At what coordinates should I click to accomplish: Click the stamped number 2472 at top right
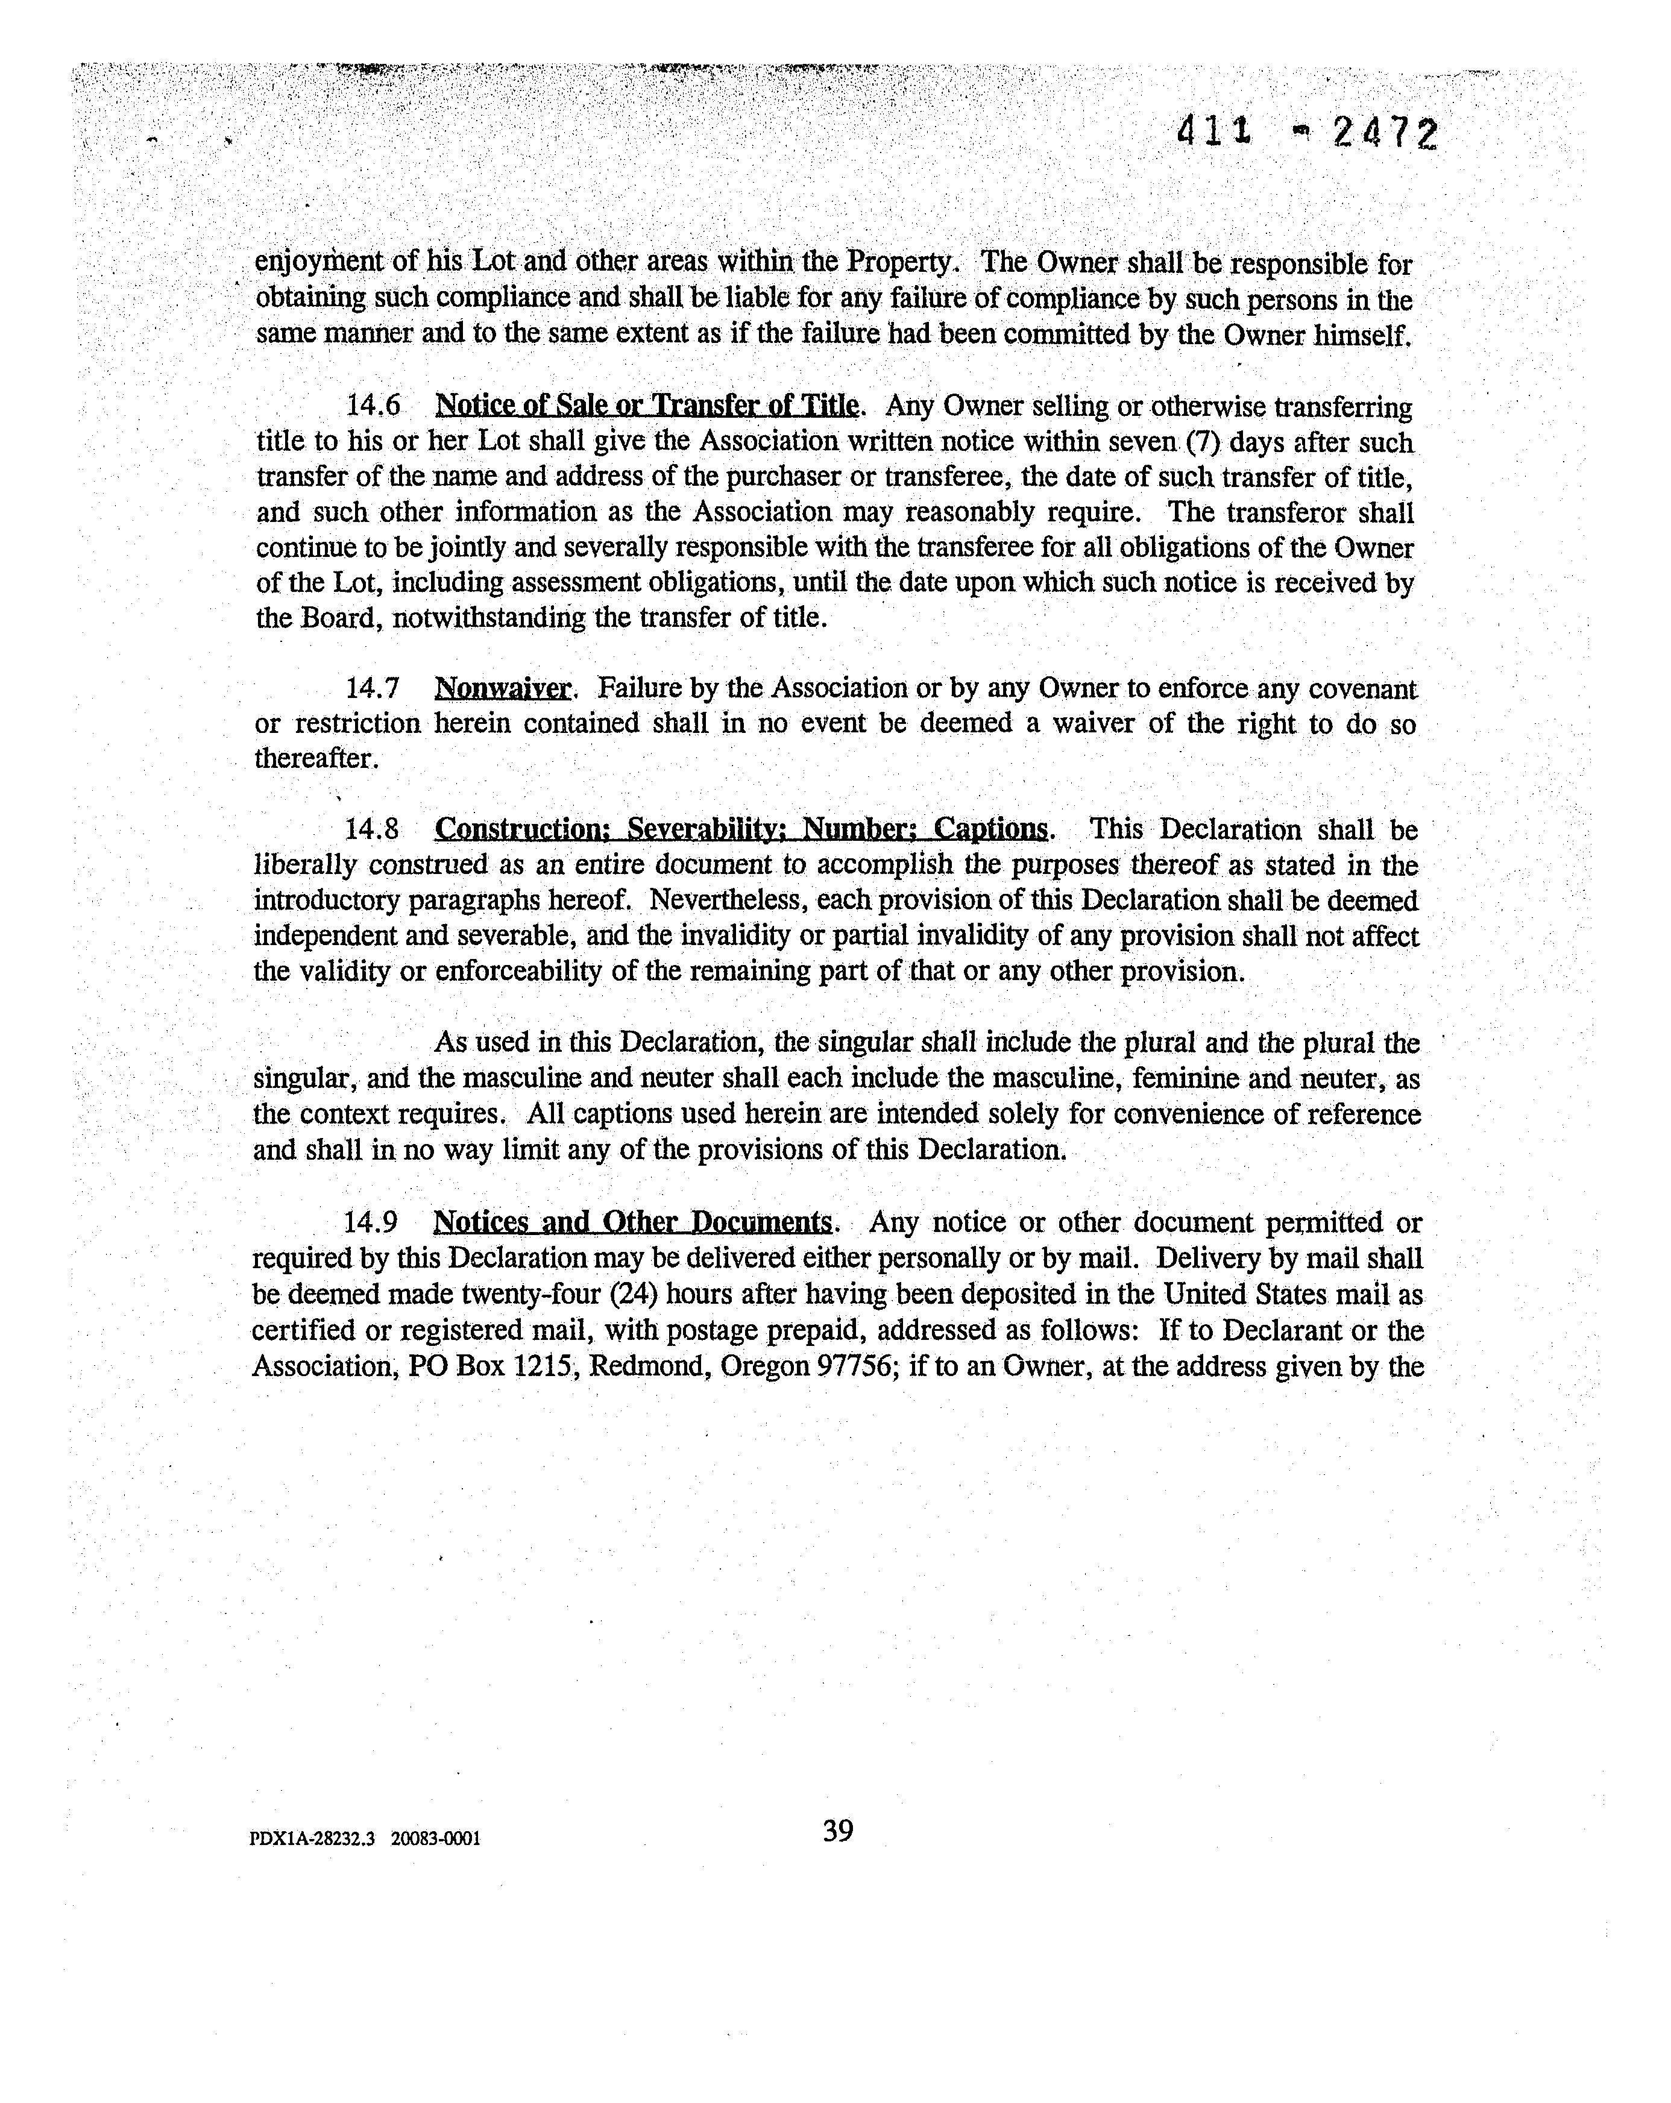coord(1384,134)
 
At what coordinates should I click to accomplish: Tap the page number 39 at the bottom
coord(837,1831)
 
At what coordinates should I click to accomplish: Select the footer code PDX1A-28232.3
coord(312,1840)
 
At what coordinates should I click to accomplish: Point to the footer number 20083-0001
coord(435,1840)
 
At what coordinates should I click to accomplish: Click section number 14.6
coord(373,405)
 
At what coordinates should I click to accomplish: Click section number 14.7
coord(373,689)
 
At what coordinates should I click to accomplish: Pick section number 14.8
coord(372,830)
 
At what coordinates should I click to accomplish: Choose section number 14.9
coord(371,1222)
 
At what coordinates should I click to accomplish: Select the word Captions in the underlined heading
coord(990,830)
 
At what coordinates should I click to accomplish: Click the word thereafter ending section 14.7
coord(315,759)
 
